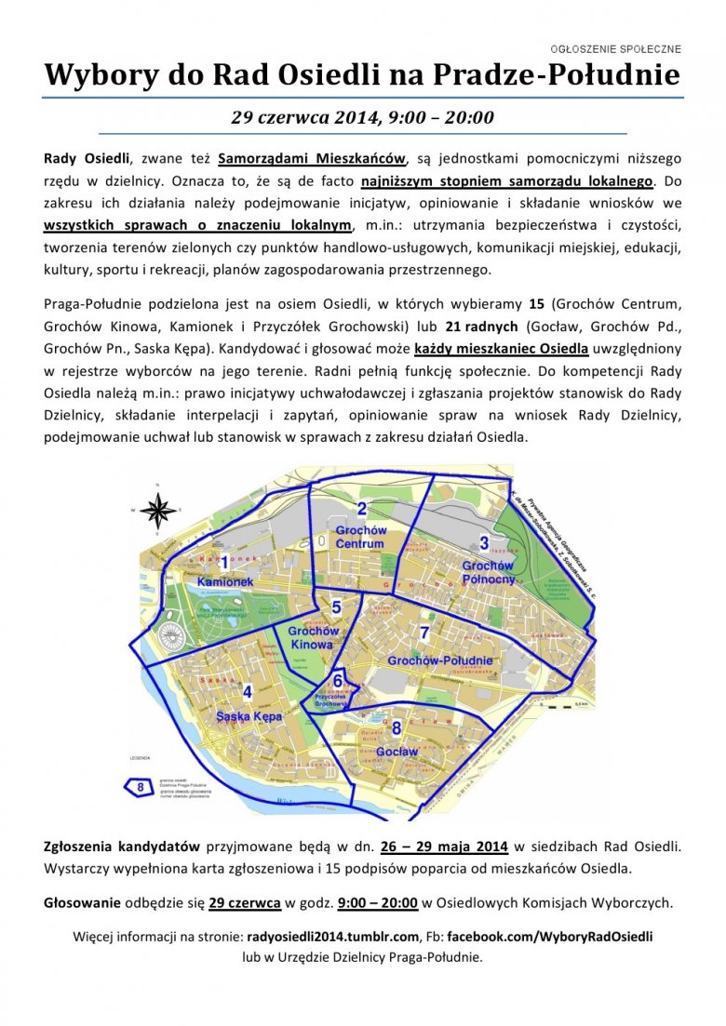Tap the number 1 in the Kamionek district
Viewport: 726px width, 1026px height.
coord(224,562)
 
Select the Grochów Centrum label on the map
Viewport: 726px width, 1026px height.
coord(359,537)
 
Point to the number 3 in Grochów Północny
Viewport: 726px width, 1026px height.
coord(484,543)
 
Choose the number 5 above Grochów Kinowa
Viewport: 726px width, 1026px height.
coord(337,607)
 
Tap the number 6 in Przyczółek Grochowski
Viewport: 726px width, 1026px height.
coord(338,680)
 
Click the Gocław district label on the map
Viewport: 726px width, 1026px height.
coord(397,751)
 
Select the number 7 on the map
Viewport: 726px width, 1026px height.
coord(424,633)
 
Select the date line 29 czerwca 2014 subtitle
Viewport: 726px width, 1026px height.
coord(362,118)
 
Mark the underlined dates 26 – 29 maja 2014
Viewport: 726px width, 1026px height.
coord(443,846)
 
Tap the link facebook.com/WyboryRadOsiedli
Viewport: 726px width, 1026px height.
coord(547,937)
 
